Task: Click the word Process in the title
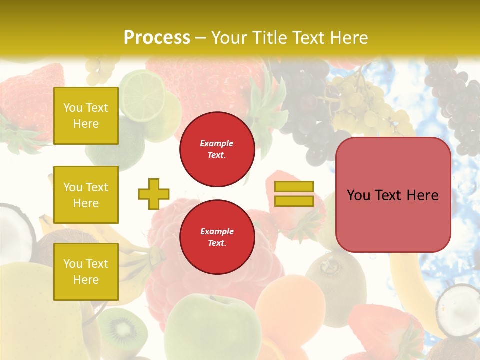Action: [157, 38]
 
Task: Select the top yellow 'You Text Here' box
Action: [86, 116]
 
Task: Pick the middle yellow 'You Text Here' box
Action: [86, 195]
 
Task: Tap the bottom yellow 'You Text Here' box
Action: [86, 272]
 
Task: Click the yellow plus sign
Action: [154, 194]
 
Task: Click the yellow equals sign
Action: [294, 194]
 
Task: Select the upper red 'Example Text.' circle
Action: [217, 149]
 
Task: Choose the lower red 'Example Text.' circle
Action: [217, 237]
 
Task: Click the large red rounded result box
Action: [393, 195]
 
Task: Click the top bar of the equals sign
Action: [294, 187]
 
